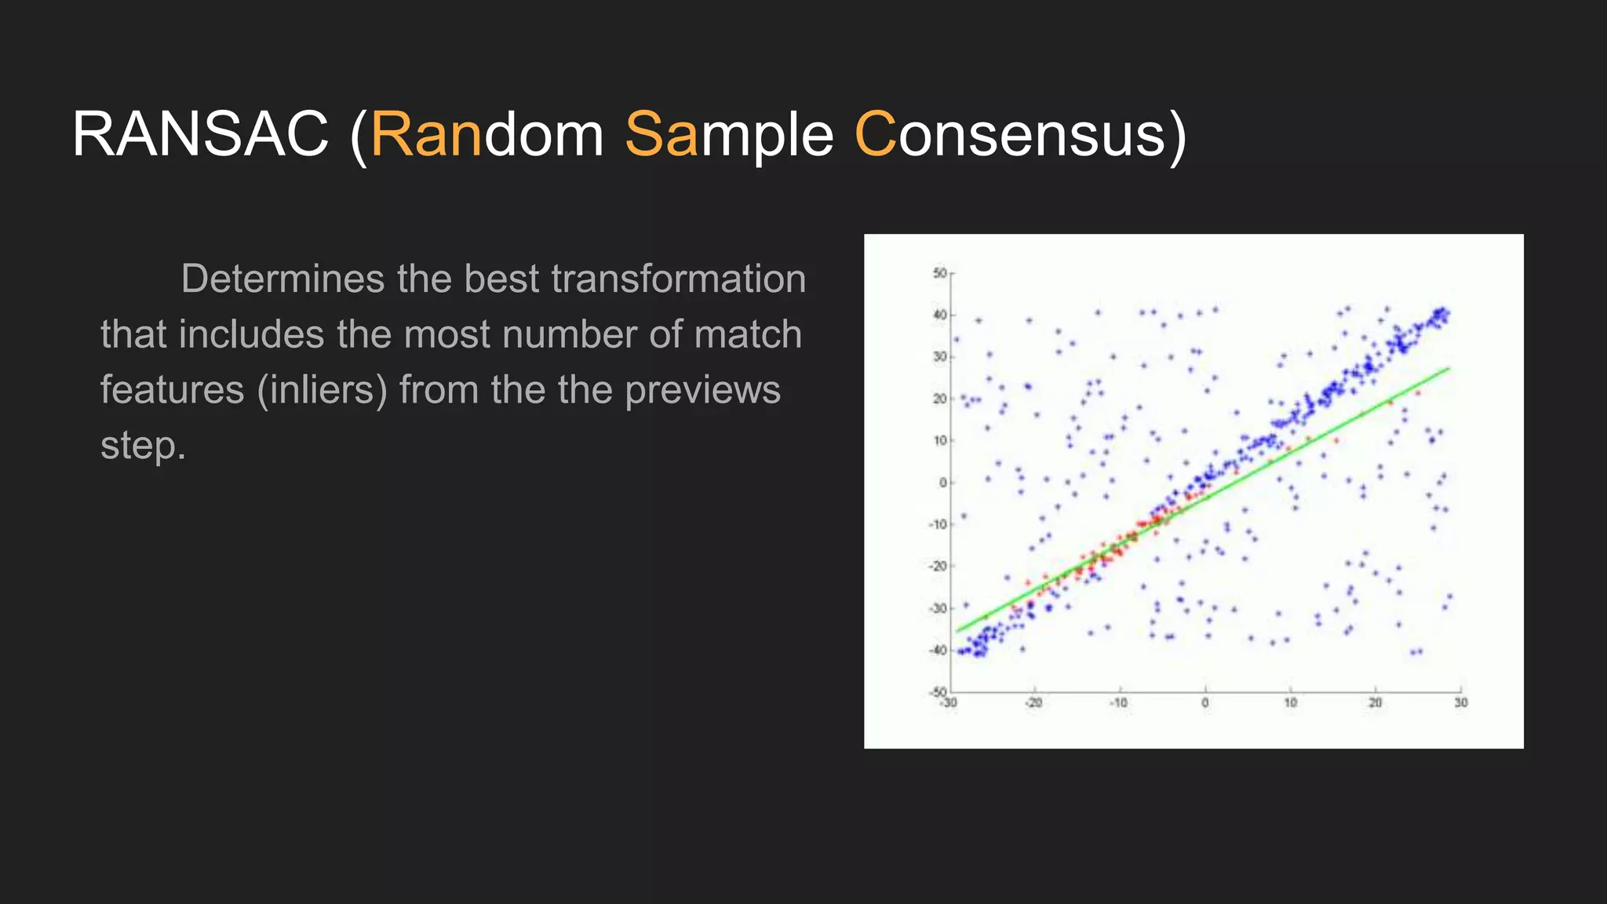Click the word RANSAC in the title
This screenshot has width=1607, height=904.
[x=200, y=135]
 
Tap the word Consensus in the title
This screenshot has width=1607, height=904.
[x=1020, y=135]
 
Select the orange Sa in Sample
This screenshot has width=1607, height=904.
[x=661, y=135]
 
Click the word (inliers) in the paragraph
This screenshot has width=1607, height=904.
[x=322, y=390]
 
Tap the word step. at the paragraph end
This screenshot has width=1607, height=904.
[x=143, y=446]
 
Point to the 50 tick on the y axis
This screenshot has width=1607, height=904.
[x=939, y=273]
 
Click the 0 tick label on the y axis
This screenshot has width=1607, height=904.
[x=943, y=483]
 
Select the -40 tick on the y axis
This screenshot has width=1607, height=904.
[x=938, y=650]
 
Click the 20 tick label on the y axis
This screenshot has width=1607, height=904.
[x=939, y=399]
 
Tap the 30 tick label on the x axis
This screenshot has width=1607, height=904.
[x=1460, y=703]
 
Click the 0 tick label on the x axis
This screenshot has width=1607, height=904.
[x=1205, y=703]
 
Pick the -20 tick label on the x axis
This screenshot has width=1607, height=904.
[x=1034, y=703]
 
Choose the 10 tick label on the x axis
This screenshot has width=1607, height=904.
[x=1291, y=703]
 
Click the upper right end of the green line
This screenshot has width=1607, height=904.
[x=1448, y=368]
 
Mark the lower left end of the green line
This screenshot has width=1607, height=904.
[x=957, y=631]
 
